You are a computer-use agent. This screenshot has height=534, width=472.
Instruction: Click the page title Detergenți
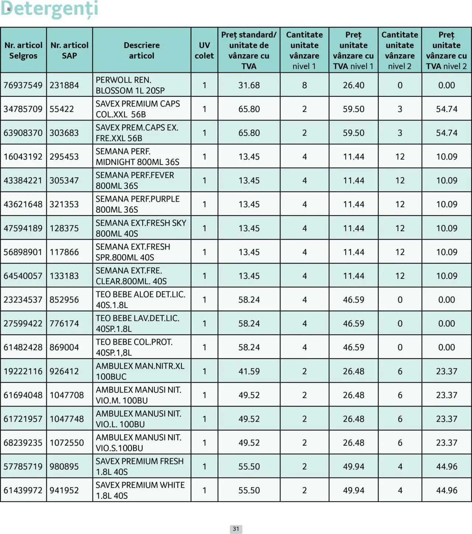(49, 9)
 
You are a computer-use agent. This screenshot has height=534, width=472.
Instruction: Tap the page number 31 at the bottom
(236, 529)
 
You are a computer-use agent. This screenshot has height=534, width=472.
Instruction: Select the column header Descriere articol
(142, 50)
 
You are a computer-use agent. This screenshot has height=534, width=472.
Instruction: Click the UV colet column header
(204, 50)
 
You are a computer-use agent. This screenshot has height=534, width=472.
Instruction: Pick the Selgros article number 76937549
(23, 85)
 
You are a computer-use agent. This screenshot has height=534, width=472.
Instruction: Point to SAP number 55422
(62, 109)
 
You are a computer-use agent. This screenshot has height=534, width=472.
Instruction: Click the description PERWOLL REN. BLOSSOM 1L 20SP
(130, 85)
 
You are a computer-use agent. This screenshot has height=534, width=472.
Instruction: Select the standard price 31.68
(249, 85)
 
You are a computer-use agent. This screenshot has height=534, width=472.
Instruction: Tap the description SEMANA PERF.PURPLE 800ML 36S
(138, 204)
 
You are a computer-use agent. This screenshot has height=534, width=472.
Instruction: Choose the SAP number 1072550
(67, 442)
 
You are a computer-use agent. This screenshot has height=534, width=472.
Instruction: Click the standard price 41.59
(249, 371)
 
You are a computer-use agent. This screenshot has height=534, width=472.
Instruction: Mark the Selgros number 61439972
(23, 490)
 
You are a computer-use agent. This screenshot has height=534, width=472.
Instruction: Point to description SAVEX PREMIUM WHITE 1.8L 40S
(140, 490)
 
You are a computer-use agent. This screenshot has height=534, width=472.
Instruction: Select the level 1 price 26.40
(353, 85)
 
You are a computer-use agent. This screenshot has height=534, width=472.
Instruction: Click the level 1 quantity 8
(304, 85)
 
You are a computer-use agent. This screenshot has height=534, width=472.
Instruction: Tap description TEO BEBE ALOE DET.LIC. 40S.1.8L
(140, 299)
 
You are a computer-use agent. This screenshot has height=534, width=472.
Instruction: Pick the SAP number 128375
(64, 228)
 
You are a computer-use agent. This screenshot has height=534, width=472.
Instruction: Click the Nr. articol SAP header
(69, 50)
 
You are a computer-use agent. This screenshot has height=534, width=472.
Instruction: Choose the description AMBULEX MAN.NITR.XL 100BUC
(140, 371)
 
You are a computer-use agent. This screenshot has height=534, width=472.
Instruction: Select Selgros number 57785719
(23, 466)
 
